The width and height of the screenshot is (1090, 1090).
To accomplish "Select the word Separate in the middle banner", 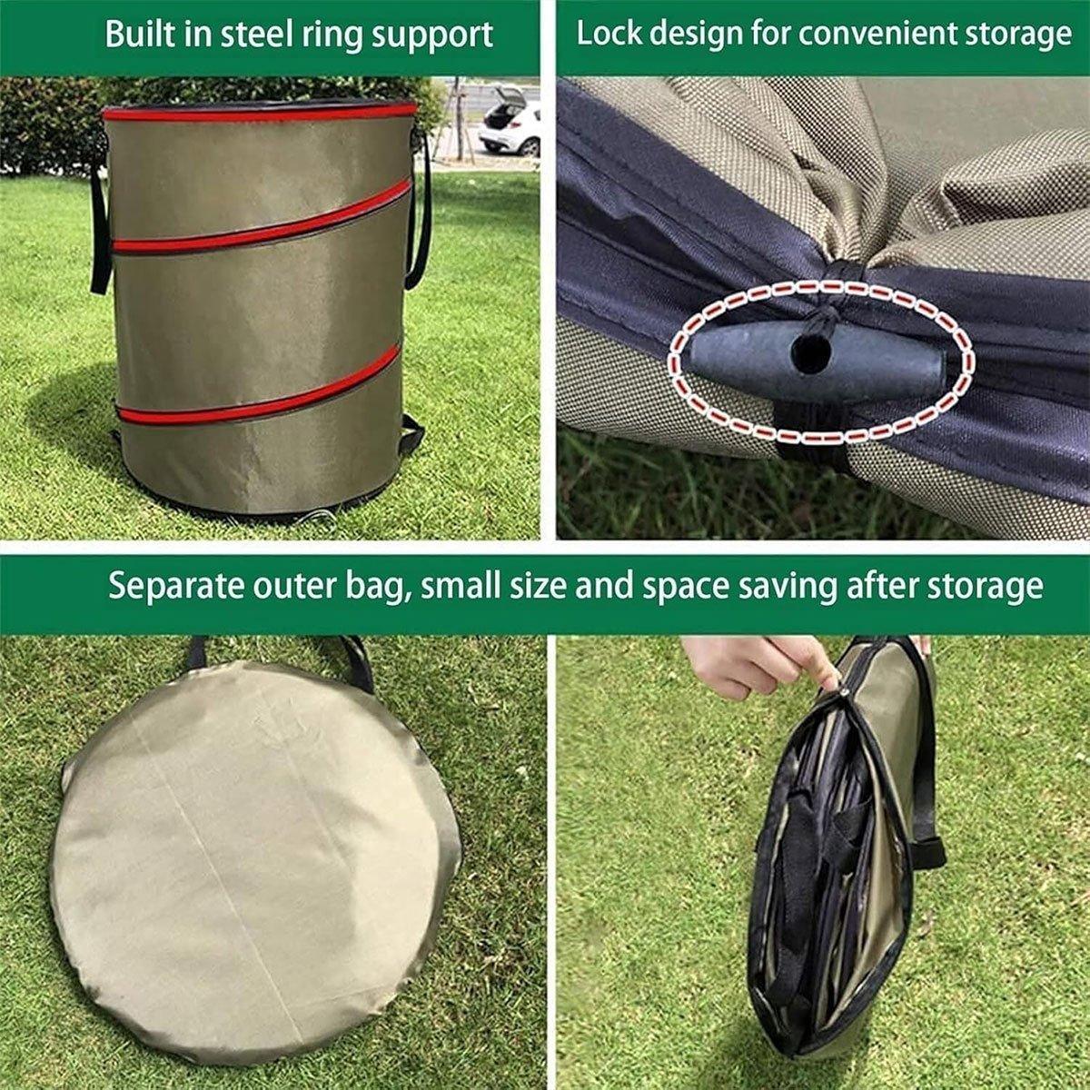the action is [176, 586].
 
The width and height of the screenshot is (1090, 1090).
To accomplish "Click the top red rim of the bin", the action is [259, 112].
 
